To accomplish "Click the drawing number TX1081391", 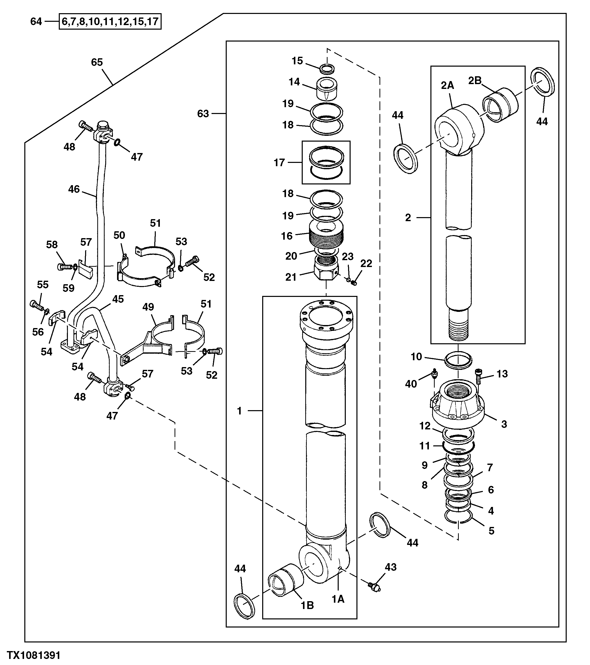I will (34, 655).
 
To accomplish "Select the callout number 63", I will (203, 113).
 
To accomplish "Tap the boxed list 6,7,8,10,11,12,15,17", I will (110, 22).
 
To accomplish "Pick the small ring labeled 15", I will (327, 68).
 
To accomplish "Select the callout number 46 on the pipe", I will (74, 189).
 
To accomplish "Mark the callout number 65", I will (97, 62).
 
